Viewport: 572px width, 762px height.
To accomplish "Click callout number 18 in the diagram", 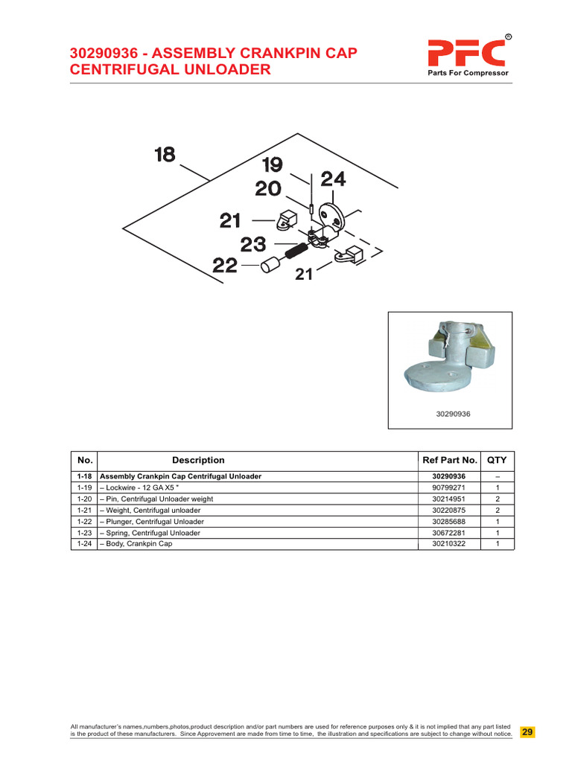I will pyautogui.click(x=165, y=155).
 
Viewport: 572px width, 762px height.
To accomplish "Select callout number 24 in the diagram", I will pyautogui.click(x=333, y=179).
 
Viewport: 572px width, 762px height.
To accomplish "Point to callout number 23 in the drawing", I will pyautogui.click(x=253, y=244).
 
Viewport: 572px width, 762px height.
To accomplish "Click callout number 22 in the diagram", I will pyautogui.click(x=226, y=265).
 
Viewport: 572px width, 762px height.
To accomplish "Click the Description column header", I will pyautogui.click(x=198, y=461).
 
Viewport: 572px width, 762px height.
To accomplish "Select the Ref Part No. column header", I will pyautogui.click(x=449, y=461).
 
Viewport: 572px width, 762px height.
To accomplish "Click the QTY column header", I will pyautogui.click(x=497, y=461).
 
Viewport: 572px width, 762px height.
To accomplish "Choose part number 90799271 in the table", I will pyautogui.click(x=448, y=487).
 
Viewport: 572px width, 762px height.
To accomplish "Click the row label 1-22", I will pyautogui.click(x=83, y=522).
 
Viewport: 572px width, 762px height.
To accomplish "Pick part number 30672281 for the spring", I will pyautogui.click(x=448, y=533).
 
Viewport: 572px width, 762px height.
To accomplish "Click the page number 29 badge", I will pyautogui.click(x=527, y=732).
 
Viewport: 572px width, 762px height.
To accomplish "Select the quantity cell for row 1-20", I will pyautogui.click(x=497, y=499).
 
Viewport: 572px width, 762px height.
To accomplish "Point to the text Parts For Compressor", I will pyautogui.click(x=468, y=74).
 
